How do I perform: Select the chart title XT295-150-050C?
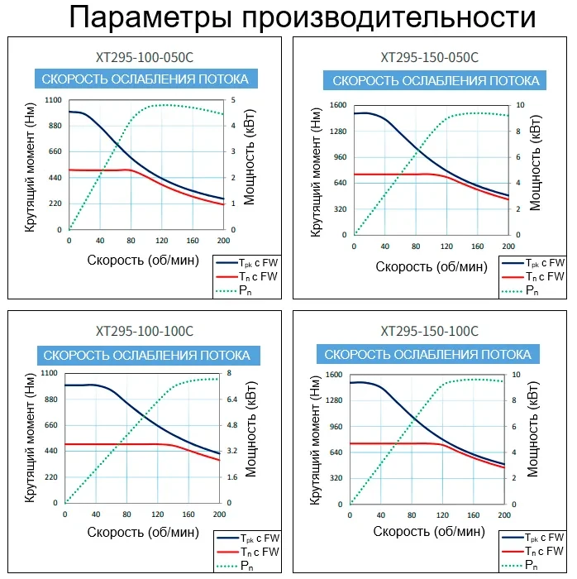pyautogui.click(x=429, y=58)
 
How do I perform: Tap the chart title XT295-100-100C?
pyautogui.click(x=145, y=331)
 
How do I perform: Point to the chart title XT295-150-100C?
pyautogui.click(x=429, y=331)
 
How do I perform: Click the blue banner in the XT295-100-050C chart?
pyautogui.click(x=145, y=79)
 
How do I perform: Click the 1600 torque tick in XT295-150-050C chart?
pyautogui.click(x=337, y=105)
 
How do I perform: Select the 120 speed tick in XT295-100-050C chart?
pyautogui.click(x=161, y=241)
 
